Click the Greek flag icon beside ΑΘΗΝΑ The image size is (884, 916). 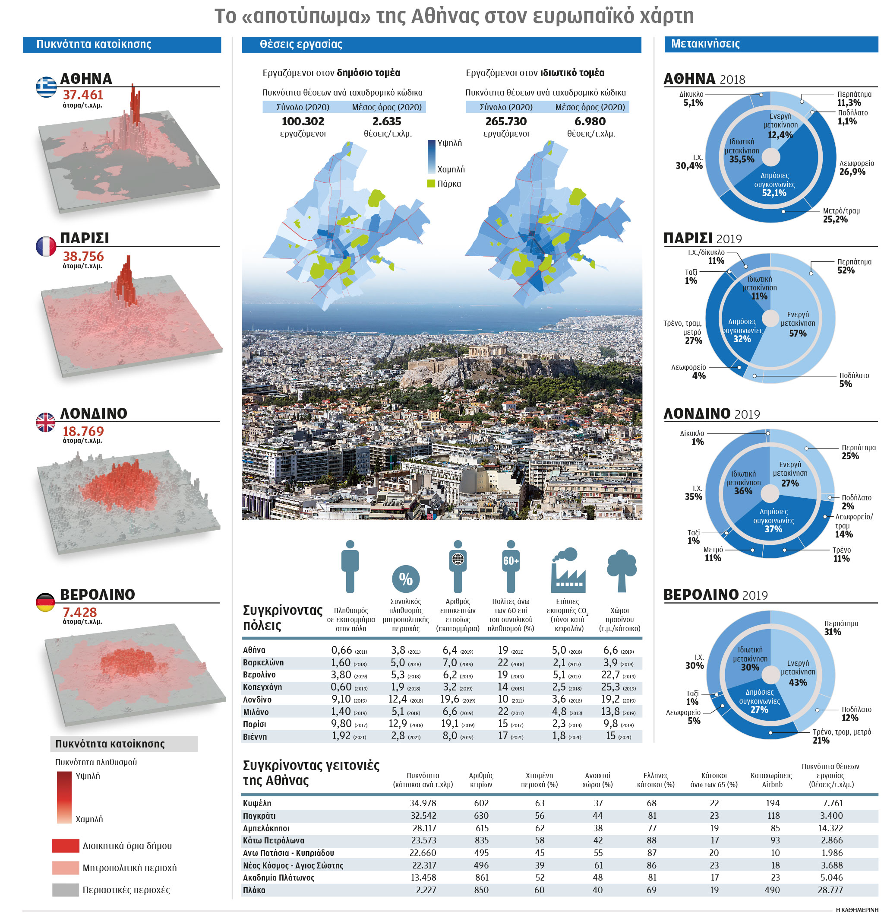click(x=46, y=87)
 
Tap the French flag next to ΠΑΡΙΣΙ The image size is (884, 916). click(x=46, y=246)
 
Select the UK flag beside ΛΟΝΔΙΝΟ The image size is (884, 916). click(x=46, y=422)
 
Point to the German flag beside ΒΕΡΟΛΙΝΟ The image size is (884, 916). click(x=45, y=602)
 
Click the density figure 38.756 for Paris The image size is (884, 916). click(x=83, y=256)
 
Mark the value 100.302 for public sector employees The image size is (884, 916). click(x=303, y=121)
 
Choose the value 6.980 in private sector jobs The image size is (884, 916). click(x=590, y=121)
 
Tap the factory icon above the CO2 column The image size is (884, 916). click(x=568, y=570)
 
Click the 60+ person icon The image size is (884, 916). click(x=510, y=566)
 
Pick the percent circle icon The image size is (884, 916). click(x=405, y=579)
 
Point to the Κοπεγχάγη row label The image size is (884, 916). click(x=262, y=687)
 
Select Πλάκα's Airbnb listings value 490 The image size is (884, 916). click(x=772, y=890)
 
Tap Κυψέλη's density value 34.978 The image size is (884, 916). click(x=423, y=803)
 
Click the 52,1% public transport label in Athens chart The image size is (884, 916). click(x=774, y=193)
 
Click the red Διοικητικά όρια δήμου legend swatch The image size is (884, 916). click(x=65, y=846)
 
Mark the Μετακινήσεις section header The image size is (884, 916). click(x=705, y=44)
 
